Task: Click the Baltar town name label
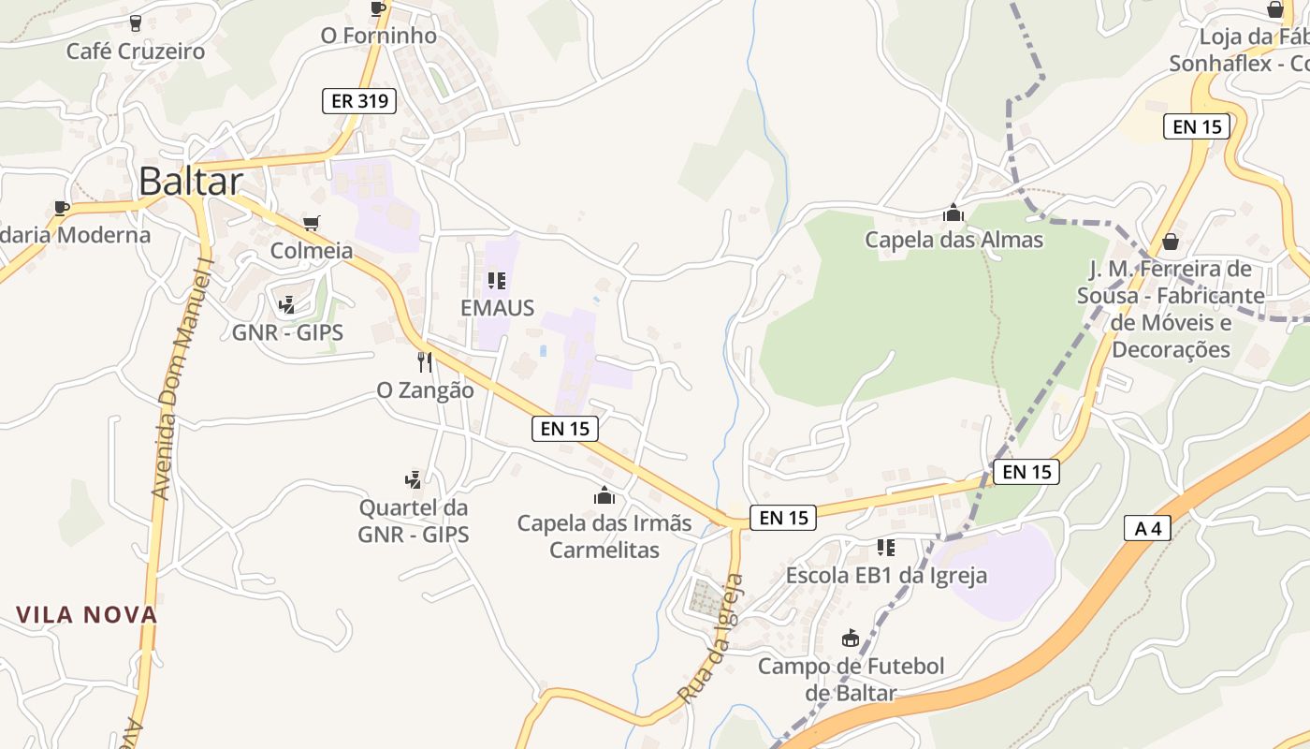click(x=191, y=182)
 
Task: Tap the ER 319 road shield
click(x=359, y=101)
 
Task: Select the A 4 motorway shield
click(x=1147, y=528)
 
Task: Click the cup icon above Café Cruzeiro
click(x=135, y=22)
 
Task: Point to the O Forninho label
click(x=378, y=36)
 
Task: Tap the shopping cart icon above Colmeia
click(x=312, y=223)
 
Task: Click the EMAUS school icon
click(x=497, y=280)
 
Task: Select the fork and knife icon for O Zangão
click(x=425, y=361)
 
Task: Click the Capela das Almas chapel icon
click(x=953, y=213)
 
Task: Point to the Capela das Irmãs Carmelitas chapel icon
click(x=604, y=495)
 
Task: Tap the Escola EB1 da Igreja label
click(x=886, y=575)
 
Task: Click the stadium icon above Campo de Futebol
click(x=851, y=639)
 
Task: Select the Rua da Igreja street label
click(x=711, y=639)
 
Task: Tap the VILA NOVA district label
click(x=86, y=615)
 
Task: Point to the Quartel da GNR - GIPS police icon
click(x=413, y=480)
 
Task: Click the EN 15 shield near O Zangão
click(x=565, y=429)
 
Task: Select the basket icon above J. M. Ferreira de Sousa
click(x=1170, y=242)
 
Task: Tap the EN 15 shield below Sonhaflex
click(x=1196, y=126)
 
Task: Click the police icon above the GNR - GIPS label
click(x=287, y=304)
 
